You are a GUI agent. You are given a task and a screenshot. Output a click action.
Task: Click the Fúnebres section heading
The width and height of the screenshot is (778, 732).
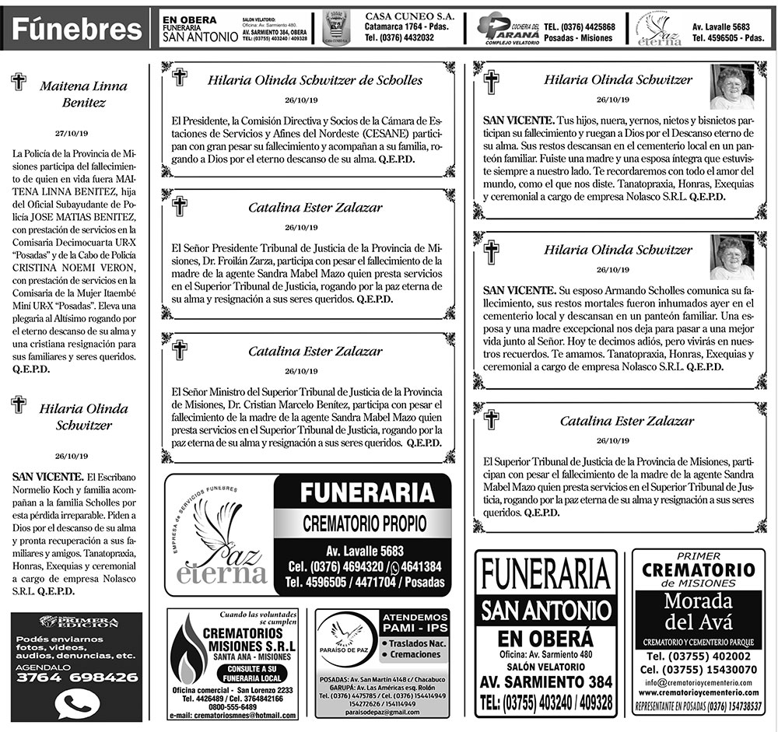(76, 30)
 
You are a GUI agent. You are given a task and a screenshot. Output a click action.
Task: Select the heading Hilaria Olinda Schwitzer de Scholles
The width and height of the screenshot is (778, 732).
(315, 80)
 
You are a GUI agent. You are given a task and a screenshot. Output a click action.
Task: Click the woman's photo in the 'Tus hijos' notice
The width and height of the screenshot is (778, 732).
(731, 87)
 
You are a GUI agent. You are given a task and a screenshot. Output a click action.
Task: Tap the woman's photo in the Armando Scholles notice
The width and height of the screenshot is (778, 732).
(731, 257)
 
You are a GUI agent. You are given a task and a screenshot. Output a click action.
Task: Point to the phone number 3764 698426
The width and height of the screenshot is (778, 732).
(76, 678)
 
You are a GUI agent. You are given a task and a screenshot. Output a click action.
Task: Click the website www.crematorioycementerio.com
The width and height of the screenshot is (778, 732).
(698, 694)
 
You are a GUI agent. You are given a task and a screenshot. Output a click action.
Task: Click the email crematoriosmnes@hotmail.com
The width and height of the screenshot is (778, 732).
(233, 716)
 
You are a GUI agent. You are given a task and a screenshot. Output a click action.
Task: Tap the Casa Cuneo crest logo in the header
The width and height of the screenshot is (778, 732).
(335, 30)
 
